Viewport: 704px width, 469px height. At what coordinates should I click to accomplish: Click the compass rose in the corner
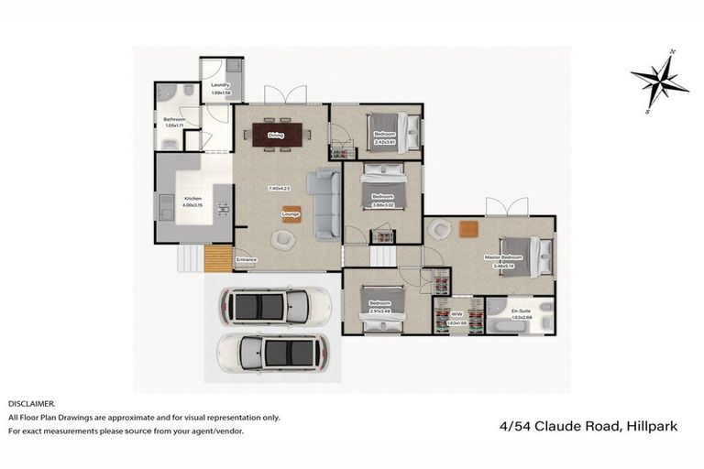(659, 81)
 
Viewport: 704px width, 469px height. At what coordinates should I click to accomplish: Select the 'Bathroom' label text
(175, 119)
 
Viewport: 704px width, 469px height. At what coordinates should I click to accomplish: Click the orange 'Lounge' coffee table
(291, 214)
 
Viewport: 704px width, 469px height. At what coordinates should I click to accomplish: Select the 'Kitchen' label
(192, 199)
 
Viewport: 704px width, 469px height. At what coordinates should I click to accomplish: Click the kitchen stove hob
(222, 210)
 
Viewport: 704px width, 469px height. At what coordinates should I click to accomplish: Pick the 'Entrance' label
(246, 260)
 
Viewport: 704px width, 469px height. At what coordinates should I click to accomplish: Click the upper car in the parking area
(269, 306)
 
